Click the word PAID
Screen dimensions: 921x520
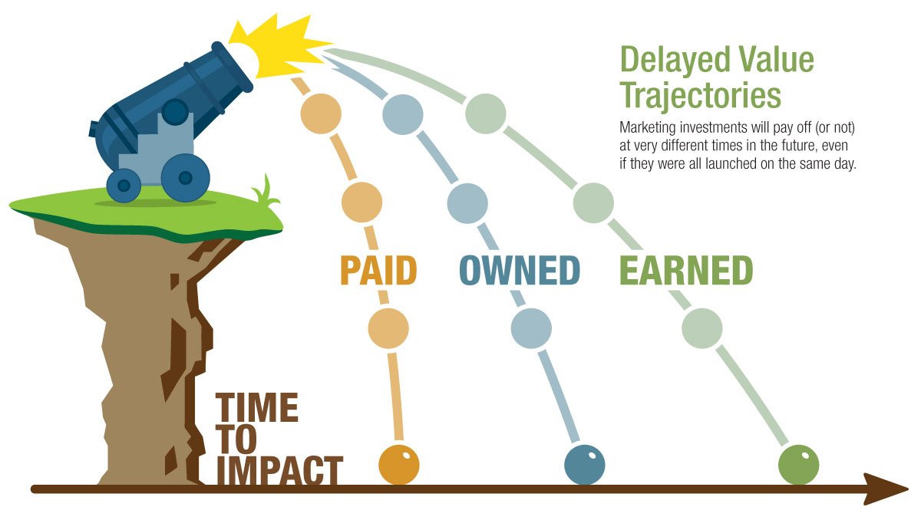pos(378,270)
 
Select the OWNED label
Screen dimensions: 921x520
pos(520,270)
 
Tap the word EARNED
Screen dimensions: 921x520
pos(686,270)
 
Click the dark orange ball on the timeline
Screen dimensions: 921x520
pos(399,465)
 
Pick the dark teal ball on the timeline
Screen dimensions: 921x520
pos(585,465)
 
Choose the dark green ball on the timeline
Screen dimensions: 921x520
pos(798,465)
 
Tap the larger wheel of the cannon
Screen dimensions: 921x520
pos(186,178)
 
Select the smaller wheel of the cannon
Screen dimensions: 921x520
pos(124,186)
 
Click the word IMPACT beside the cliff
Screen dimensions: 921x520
pos(279,470)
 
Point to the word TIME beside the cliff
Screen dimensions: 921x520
pos(257,407)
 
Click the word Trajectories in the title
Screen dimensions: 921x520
pos(701,96)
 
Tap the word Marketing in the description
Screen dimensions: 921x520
pos(648,128)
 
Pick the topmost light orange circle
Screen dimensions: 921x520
pos(321,114)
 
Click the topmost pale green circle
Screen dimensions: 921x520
pos(486,114)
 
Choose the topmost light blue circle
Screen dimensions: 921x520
pos(402,114)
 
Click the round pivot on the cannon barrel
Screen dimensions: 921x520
pos(175,112)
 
